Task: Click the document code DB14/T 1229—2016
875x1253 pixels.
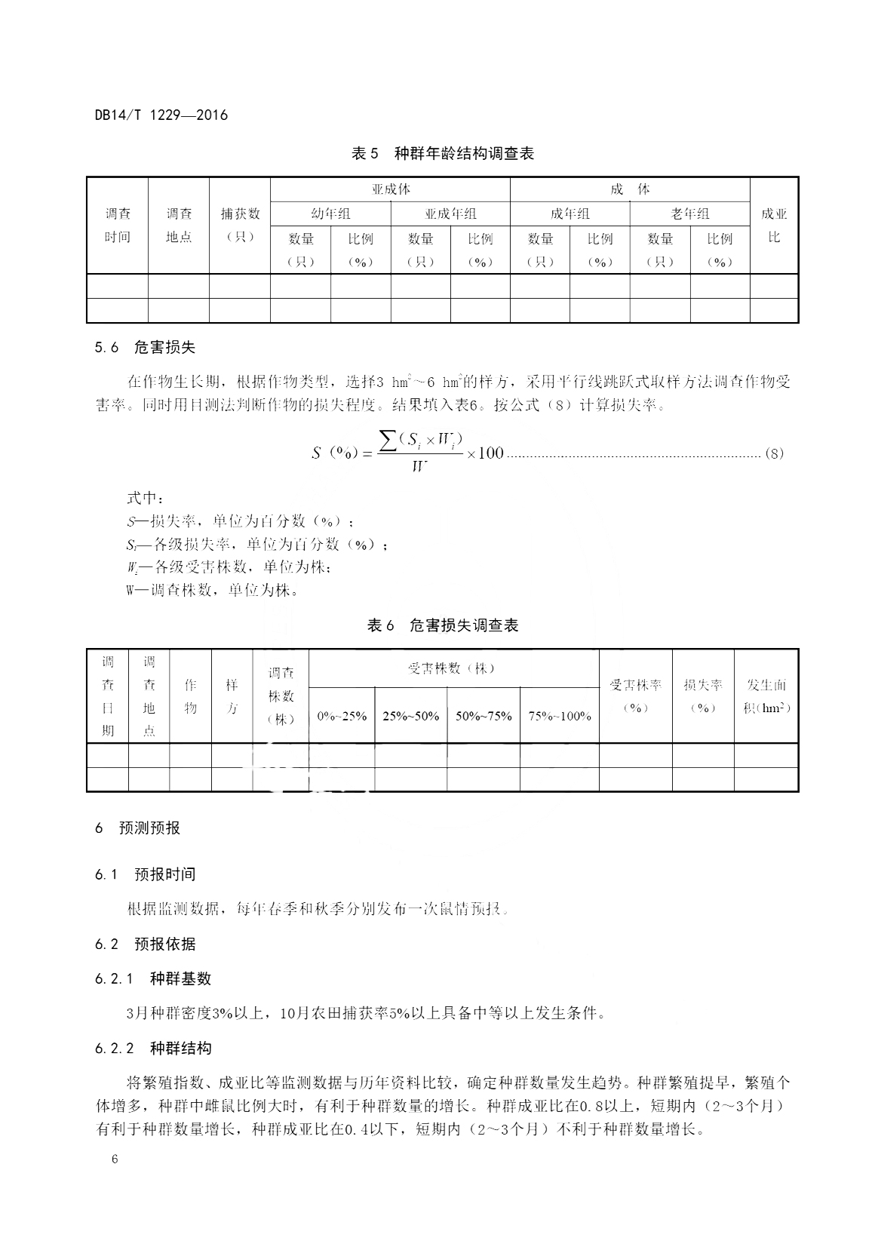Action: pos(161,115)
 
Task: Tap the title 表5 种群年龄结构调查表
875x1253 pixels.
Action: pos(443,154)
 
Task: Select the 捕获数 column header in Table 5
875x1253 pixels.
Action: pos(240,226)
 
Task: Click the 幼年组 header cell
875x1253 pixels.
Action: pos(330,213)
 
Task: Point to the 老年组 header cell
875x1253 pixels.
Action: pos(689,213)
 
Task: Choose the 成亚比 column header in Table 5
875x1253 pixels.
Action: pos(774,226)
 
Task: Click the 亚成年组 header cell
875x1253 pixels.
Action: pos(450,213)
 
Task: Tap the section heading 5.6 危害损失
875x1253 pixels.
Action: pos(145,348)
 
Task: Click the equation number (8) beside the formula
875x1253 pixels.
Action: pos(774,453)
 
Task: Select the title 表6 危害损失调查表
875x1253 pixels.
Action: pos(443,625)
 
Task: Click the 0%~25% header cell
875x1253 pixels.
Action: pos(342,716)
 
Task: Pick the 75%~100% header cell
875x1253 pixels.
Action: pos(560,716)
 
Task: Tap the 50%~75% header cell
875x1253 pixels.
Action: pos(484,716)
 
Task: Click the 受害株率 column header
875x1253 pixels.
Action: pos(635,696)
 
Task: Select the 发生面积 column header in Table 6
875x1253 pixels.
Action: pos(766,696)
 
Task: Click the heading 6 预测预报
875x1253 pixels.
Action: pos(138,828)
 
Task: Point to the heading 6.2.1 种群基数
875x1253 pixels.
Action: pos(153,978)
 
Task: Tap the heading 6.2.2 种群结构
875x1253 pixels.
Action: pos(153,1048)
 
